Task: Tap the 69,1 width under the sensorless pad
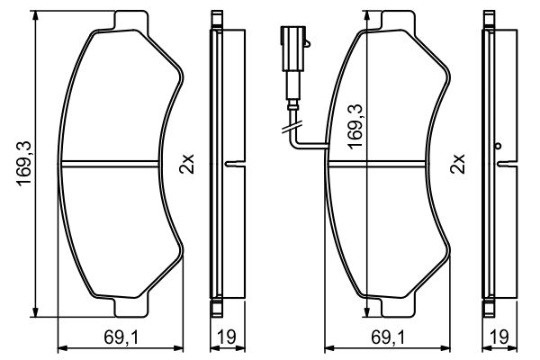click(118, 338)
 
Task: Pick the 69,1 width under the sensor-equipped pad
click(389, 338)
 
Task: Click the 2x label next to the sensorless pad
click(186, 164)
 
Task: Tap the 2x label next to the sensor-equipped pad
click(457, 164)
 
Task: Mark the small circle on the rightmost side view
click(497, 146)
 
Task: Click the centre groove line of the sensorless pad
click(117, 164)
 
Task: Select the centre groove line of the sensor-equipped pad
click(387, 164)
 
